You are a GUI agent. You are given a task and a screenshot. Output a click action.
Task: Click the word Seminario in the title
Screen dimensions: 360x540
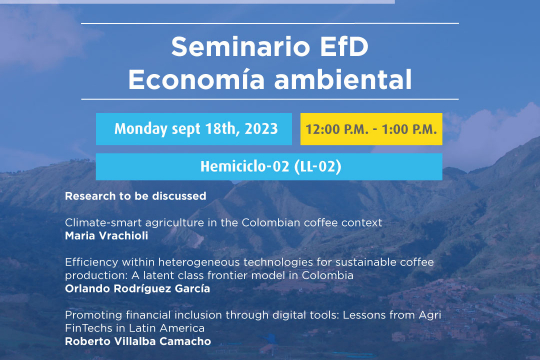click(231, 46)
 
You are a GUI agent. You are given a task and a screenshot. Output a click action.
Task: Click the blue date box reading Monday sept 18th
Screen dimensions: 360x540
click(196, 129)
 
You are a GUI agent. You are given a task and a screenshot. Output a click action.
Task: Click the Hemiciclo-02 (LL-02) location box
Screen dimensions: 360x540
click(269, 167)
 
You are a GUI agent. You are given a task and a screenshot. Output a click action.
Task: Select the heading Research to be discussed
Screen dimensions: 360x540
click(122, 195)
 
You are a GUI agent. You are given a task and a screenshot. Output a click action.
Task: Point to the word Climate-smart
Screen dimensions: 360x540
click(97, 220)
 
